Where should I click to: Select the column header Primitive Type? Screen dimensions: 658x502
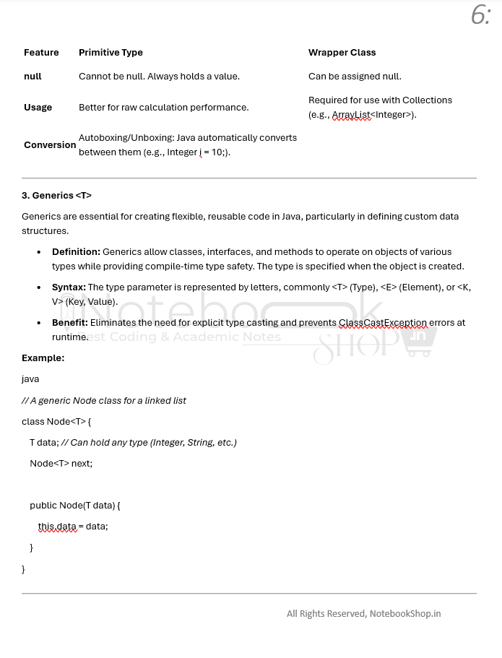[111, 53]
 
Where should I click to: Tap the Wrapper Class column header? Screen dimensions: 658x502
[342, 53]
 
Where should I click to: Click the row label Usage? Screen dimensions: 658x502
[38, 108]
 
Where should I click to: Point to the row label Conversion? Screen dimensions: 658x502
[50, 145]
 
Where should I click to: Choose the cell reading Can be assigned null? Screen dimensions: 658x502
[355, 77]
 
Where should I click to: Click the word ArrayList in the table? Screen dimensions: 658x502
[351, 115]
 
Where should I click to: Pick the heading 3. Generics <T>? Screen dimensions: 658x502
[56, 196]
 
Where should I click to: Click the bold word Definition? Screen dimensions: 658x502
[76, 252]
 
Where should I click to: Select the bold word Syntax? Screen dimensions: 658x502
[69, 287]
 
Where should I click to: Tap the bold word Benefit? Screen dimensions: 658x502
[70, 323]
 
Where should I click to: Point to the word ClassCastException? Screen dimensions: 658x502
[383, 323]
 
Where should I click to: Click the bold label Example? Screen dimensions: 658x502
[43, 358]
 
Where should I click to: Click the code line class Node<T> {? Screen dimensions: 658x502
[56, 422]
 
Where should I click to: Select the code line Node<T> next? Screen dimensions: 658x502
[61, 464]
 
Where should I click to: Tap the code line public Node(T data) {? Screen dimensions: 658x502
[74, 506]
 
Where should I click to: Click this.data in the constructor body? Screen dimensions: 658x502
[57, 527]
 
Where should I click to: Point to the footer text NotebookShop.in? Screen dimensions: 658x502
[404, 614]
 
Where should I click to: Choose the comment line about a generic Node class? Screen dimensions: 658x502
[103, 401]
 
